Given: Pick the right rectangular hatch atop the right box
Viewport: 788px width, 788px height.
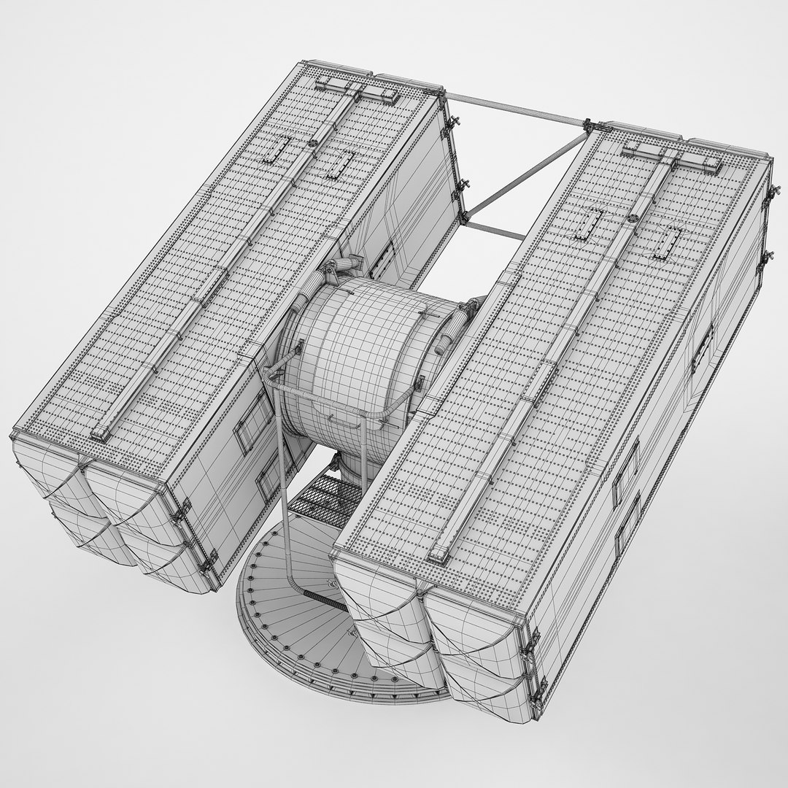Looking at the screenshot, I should (665, 240).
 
